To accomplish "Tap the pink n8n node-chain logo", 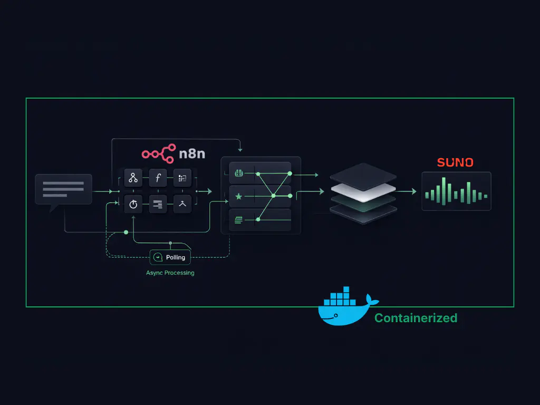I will point(159,153).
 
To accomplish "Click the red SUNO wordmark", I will point(455,162).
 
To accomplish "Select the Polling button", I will point(170,257).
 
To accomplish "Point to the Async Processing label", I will point(170,273).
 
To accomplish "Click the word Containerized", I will point(416,318).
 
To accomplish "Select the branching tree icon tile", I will point(133,178).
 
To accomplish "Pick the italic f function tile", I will point(158,178).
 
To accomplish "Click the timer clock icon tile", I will point(133,204).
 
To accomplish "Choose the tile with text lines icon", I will point(158,204).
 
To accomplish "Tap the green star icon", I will point(238,196).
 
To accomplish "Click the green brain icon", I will point(238,173).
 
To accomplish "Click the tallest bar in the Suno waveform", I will point(443,191).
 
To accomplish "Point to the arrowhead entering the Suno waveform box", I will point(414,191).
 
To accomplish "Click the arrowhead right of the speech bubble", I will point(111,191).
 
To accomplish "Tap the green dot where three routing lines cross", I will point(273,196).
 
